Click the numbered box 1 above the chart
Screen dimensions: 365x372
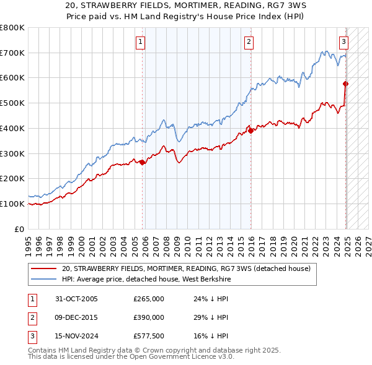pos(141,42)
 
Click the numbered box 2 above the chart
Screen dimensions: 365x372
pos(249,42)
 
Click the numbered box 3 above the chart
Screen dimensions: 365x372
pos(343,42)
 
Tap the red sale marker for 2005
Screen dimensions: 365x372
pos(143,162)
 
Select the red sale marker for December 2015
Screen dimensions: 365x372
pos(250,131)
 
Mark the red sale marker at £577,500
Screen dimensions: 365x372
pos(346,84)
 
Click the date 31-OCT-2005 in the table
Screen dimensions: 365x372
pos(77,299)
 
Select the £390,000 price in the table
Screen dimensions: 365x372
pos(149,317)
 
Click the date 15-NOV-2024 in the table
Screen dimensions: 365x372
pos(77,336)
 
